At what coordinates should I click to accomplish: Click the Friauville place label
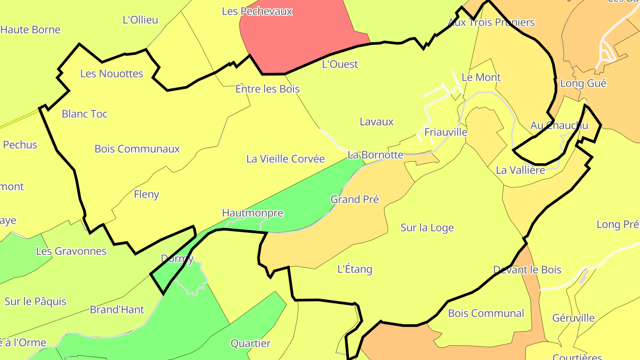tap(446, 132)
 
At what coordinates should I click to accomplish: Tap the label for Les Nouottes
tap(112, 73)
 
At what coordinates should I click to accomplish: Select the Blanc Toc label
tap(84, 114)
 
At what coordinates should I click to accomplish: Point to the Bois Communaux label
tap(137, 149)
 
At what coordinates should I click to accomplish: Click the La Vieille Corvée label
tap(285, 159)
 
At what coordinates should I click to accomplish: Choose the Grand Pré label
tap(354, 199)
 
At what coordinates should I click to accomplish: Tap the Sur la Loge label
tap(427, 228)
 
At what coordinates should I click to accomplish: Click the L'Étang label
tap(355, 269)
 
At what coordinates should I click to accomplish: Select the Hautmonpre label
tap(252, 213)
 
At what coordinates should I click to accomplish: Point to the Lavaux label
tap(376, 121)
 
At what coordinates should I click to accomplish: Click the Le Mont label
tap(481, 77)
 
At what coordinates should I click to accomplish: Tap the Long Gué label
tap(583, 83)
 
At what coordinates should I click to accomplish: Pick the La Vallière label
tap(520, 170)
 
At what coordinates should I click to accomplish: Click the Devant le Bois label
tap(527, 269)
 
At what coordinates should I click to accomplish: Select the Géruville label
tap(573, 318)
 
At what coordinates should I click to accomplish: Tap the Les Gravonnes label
tap(71, 251)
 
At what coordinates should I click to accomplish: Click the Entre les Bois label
tap(267, 89)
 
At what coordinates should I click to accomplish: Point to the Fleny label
tap(146, 194)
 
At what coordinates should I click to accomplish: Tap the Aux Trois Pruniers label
tap(491, 22)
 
